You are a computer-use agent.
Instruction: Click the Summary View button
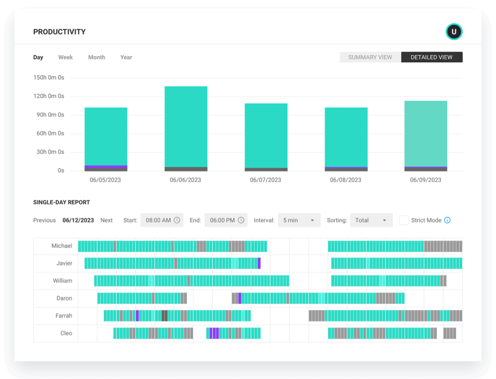pyautogui.click(x=370, y=57)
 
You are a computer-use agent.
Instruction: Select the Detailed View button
pyautogui.click(x=432, y=57)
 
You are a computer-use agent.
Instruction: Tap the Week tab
pyautogui.click(x=65, y=57)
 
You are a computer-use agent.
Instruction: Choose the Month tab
pyautogui.click(x=97, y=57)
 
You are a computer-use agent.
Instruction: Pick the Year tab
pyautogui.click(x=126, y=57)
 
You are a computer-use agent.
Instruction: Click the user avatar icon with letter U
pyautogui.click(x=453, y=32)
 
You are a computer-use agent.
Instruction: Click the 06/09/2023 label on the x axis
pyautogui.click(x=425, y=180)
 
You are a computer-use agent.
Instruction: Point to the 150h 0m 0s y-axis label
pyautogui.click(x=49, y=78)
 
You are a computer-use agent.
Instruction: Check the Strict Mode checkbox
pyautogui.click(x=404, y=220)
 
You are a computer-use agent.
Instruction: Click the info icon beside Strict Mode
pyautogui.click(x=447, y=220)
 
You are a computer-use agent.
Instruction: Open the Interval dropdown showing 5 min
pyautogui.click(x=299, y=220)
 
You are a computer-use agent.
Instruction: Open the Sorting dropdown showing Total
pyautogui.click(x=371, y=220)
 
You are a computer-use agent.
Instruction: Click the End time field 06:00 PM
pyautogui.click(x=226, y=220)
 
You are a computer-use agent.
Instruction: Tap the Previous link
pyautogui.click(x=44, y=220)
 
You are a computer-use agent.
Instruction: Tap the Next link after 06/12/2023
pyautogui.click(x=106, y=220)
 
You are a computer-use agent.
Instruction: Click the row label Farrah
pyautogui.click(x=64, y=316)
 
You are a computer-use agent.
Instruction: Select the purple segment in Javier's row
pyautogui.click(x=259, y=263)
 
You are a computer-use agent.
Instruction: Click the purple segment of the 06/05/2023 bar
pyautogui.click(x=106, y=167)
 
